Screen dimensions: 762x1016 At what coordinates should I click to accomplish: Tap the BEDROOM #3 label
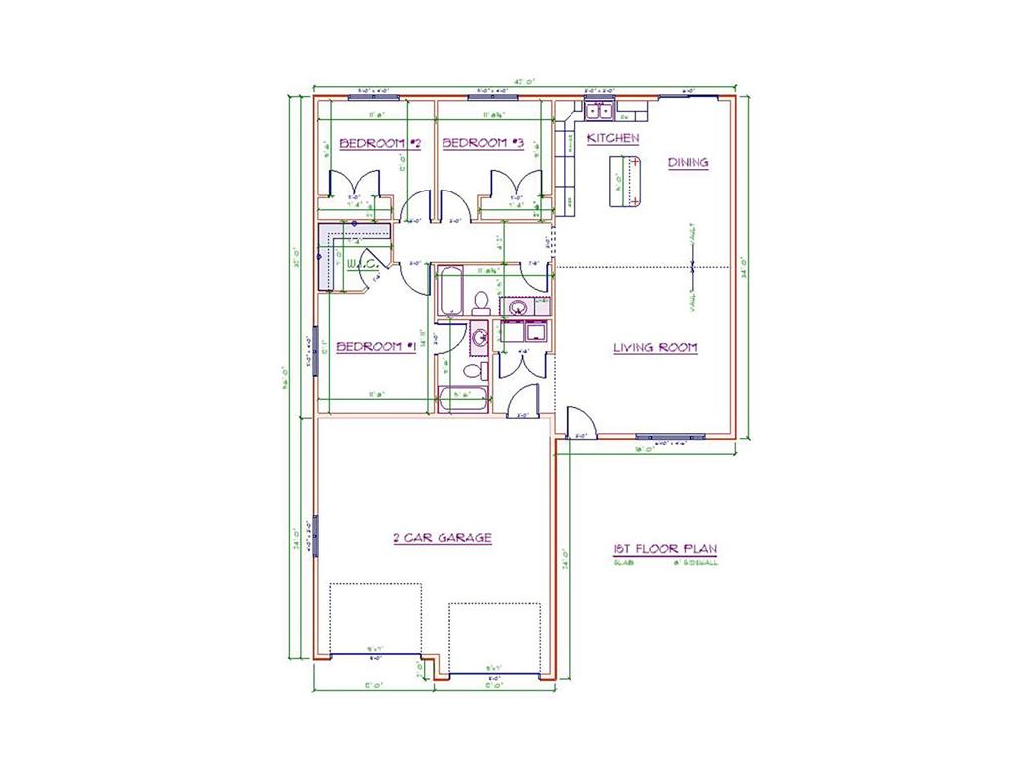coord(482,144)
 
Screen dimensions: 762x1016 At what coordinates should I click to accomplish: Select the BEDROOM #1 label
coord(375,347)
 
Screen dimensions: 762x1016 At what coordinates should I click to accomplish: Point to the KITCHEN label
coord(613,139)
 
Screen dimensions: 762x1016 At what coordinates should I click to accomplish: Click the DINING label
coord(688,162)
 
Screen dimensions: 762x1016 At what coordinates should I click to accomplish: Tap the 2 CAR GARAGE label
coord(443,538)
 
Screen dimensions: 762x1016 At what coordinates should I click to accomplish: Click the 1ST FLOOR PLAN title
coord(666,548)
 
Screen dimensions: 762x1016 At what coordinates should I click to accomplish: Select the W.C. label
coord(360,264)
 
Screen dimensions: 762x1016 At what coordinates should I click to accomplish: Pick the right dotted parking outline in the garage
coord(493,635)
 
